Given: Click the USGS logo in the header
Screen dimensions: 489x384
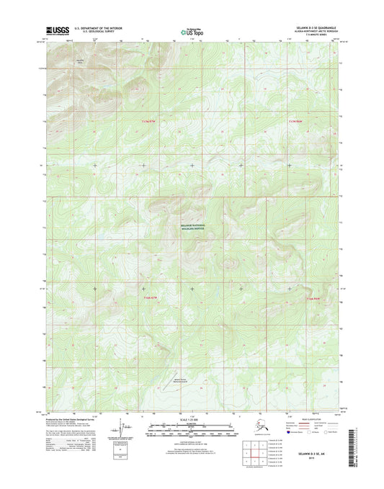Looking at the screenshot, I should (x=55, y=31).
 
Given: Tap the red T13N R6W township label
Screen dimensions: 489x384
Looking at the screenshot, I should (x=296, y=122).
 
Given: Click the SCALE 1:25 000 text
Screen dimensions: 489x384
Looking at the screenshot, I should (x=192, y=418).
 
